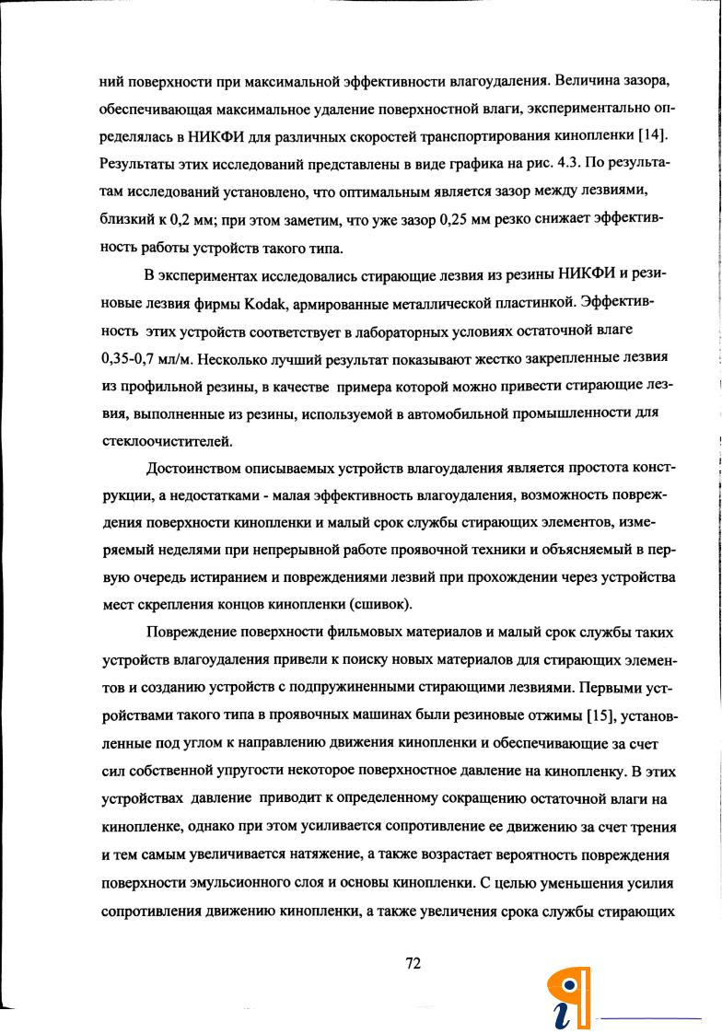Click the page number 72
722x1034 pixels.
pos(413,963)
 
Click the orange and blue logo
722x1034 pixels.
pos(568,998)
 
